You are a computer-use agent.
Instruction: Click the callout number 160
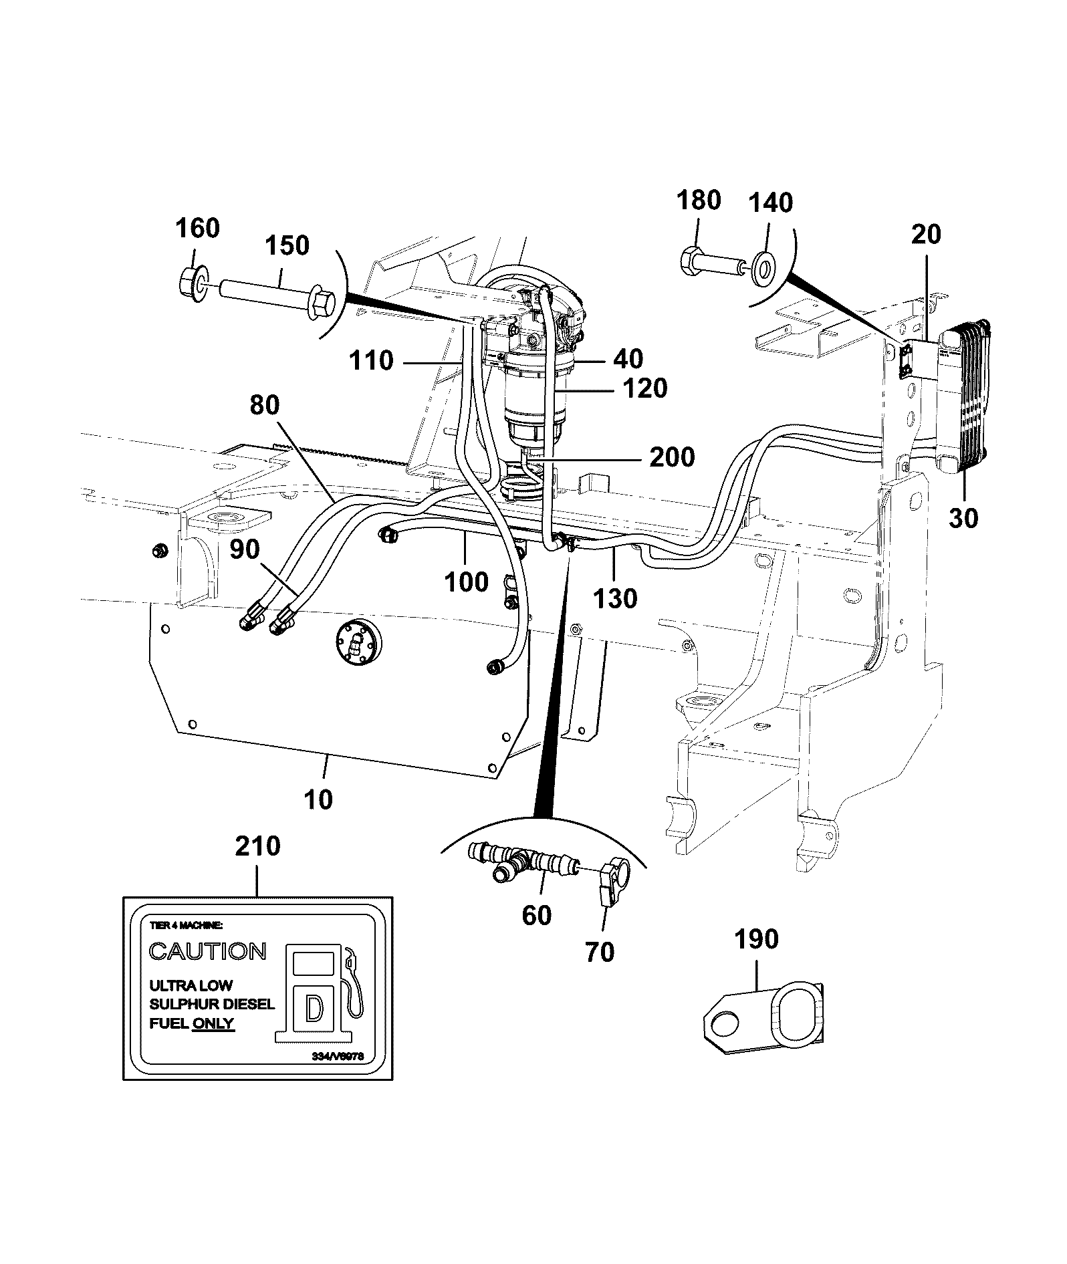point(198,229)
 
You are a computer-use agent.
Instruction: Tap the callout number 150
point(287,245)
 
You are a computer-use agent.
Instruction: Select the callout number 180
point(699,200)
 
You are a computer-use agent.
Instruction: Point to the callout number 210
point(257,846)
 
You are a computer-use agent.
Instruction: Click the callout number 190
point(757,939)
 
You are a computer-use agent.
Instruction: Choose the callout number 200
point(672,457)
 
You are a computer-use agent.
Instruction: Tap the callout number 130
point(615,598)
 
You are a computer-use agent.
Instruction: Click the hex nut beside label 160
point(193,283)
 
